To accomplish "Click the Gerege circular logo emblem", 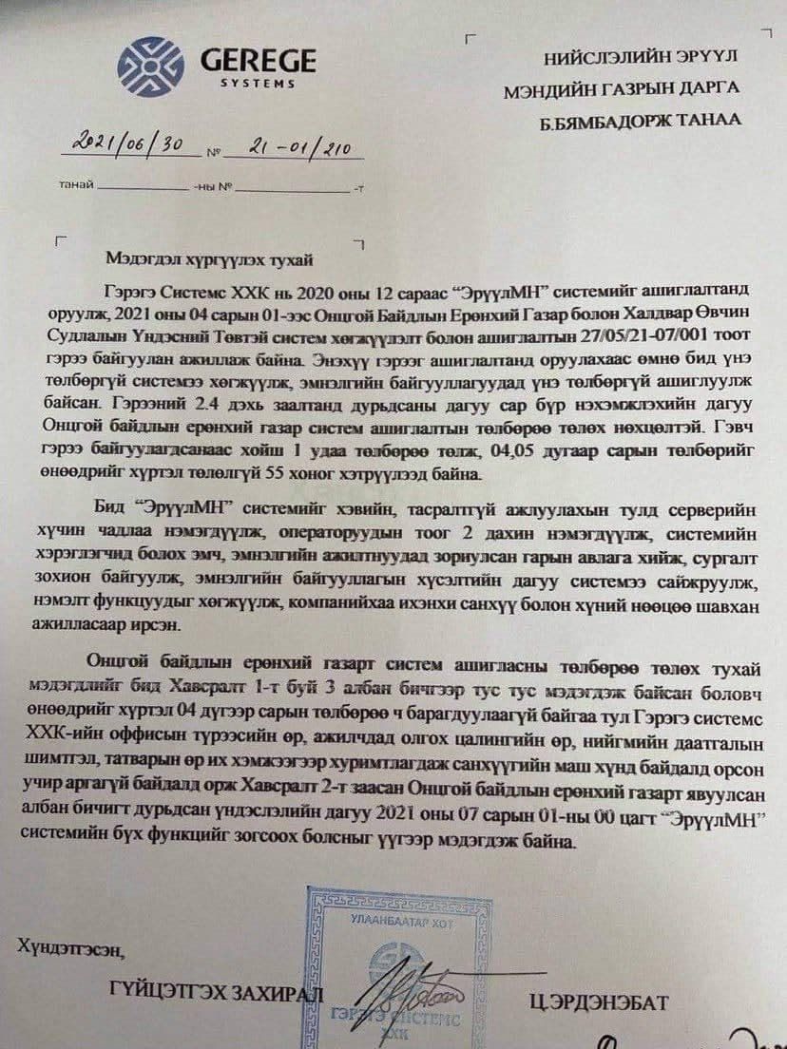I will coord(150,67).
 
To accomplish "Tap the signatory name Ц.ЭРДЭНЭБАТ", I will coord(600,1002).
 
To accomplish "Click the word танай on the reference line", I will coord(75,185).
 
